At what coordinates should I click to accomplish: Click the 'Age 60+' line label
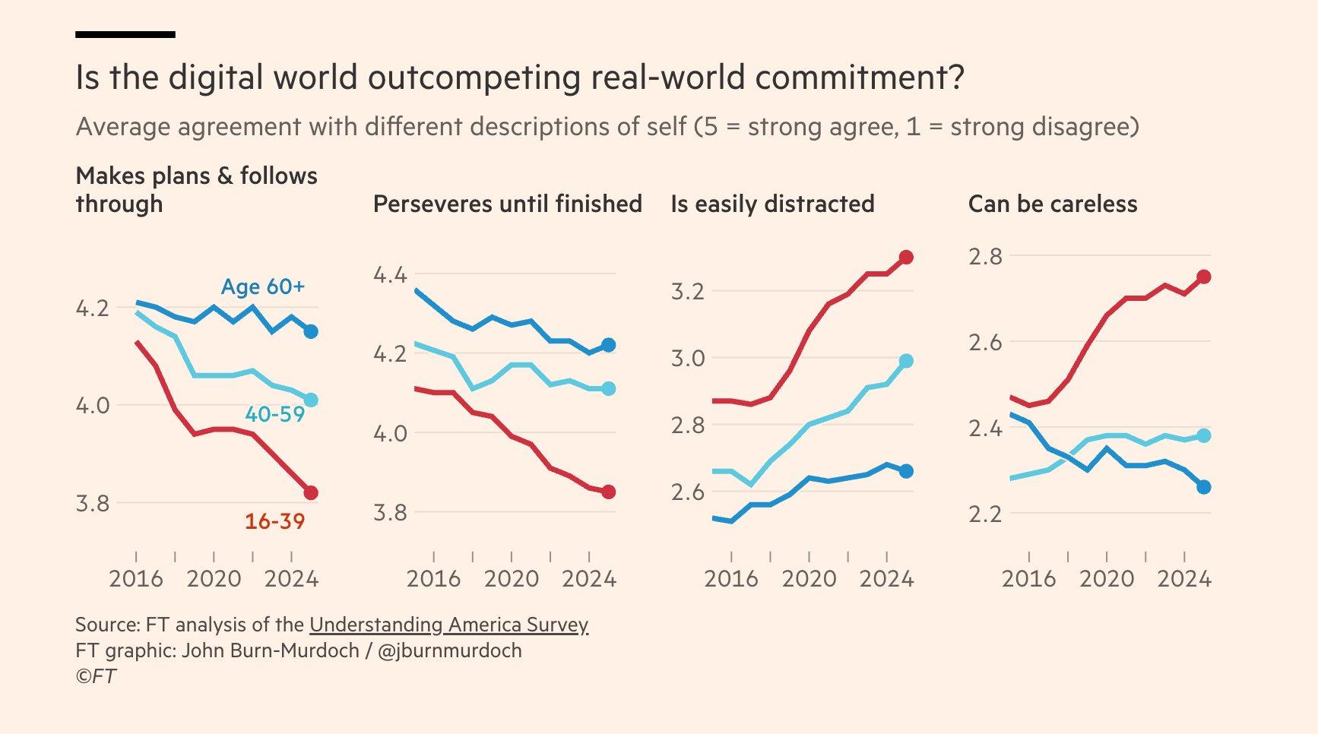coord(262,287)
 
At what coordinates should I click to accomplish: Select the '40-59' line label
coord(274,415)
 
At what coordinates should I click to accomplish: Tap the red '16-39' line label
coord(274,522)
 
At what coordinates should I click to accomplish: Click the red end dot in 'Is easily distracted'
coord(906,258)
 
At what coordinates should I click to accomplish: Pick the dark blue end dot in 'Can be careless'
coord(1204,487)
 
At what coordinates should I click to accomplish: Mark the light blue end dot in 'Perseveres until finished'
coord(609,389)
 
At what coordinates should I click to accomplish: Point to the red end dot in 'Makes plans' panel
coord(311,493)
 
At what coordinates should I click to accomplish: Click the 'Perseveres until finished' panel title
coord(507,204)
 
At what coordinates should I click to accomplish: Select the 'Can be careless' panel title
coord(1053,204)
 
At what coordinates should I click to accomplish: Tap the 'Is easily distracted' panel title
coord(772,204)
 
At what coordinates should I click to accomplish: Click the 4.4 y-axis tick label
coord(391,274)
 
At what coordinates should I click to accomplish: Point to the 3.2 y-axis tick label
coord(688,292)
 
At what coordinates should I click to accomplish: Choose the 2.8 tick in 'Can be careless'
coord(986,257)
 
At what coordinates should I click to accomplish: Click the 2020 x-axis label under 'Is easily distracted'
coord(809,579)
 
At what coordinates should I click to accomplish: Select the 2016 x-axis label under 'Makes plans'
coord(136,579)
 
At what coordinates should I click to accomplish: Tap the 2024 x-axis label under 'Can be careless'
coord(1184,579)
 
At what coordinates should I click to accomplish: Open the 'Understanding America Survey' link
coord(448,625)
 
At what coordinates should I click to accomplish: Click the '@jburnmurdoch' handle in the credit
coord(449,651)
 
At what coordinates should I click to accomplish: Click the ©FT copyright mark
coord(96,676)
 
